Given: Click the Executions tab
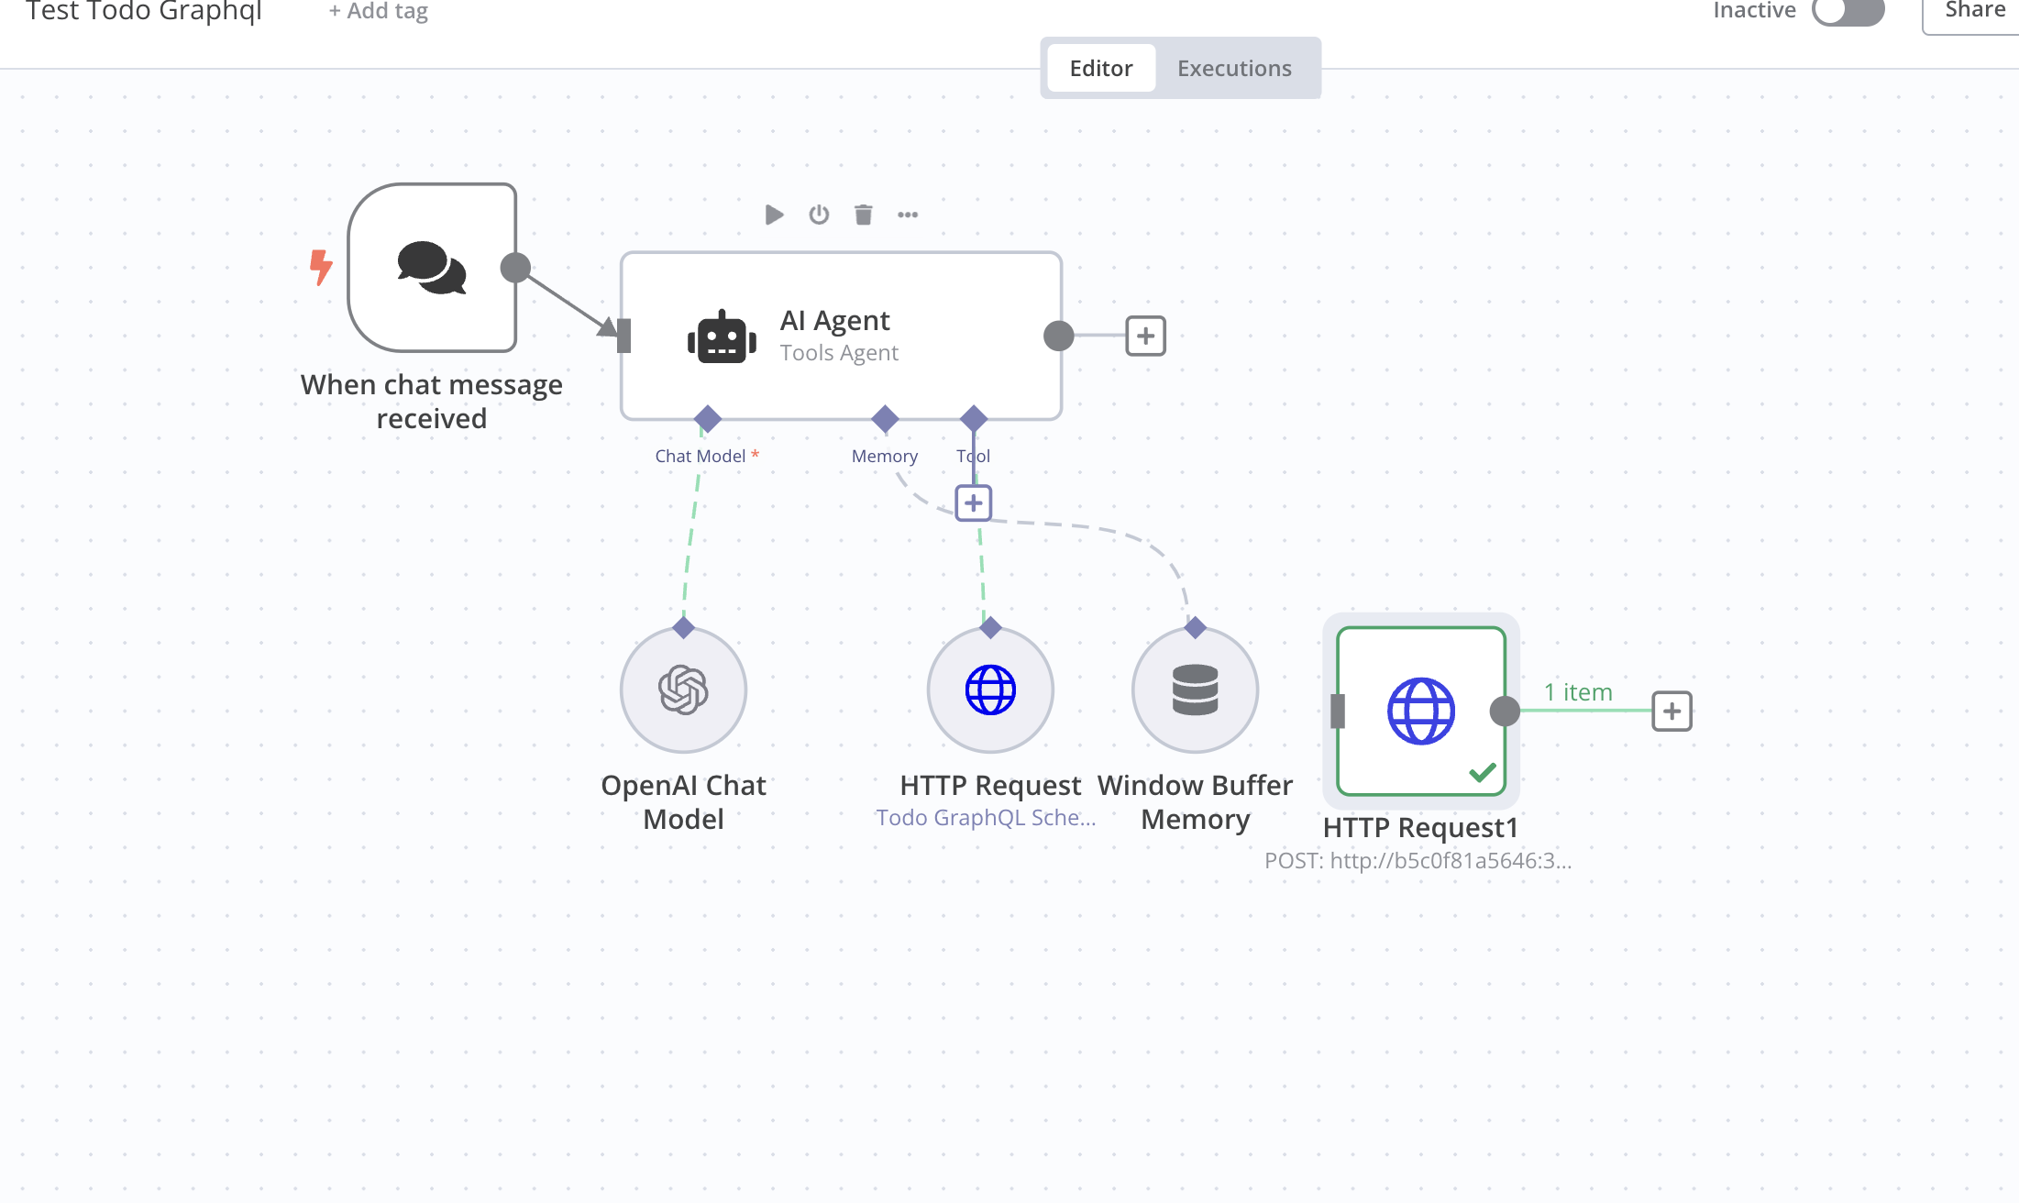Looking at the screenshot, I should click(1233, 69).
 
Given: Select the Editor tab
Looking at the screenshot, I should click(1100, 69).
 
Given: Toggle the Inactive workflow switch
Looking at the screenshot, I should click(1848, 11).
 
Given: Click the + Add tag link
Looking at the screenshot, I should click(379, 11).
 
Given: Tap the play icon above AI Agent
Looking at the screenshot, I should click(774, 215).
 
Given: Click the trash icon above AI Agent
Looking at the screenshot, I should click(863, 215).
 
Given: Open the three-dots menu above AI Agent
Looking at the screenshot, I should click(908, 215).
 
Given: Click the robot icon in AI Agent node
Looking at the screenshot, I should click(722, 337).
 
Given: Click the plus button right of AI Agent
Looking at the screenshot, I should click(1145, 337).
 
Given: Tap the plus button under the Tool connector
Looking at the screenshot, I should click(973, 503).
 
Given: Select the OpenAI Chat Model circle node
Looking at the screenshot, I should click(683, 690).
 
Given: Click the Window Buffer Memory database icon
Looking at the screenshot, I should click(1195, 690).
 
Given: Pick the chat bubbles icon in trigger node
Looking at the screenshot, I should click(432, 268).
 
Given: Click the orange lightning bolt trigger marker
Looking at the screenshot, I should click(321, 267).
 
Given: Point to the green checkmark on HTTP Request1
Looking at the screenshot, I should click(1482, 772).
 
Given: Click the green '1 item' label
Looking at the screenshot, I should click(1577, 692).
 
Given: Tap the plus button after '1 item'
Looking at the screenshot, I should click(1671, 712).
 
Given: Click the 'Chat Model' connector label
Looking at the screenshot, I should click(700, 456).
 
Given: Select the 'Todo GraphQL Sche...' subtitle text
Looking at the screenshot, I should click(985, 818).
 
